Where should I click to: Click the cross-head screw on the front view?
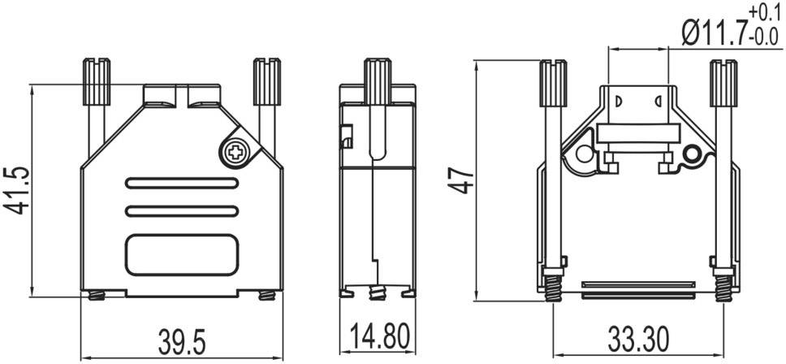pyautogui.click(x=235, y=150)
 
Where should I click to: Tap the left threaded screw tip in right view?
pyautogui.click(x=553, y=288)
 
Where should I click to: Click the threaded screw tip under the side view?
pyautogui.click(x=375, y=292)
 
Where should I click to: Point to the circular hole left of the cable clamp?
pyautogui.click(x=583, y=154)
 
